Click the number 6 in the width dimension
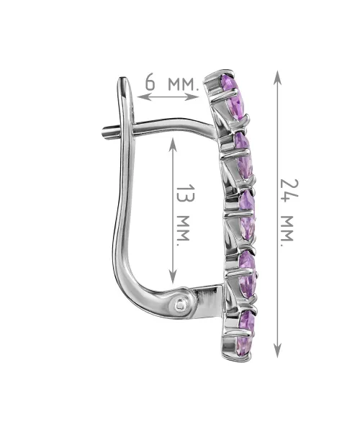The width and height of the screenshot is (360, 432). tap(150, 82)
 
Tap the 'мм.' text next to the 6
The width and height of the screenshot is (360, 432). tap(183, 84)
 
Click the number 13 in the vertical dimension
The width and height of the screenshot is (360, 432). tap(186, 194)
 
